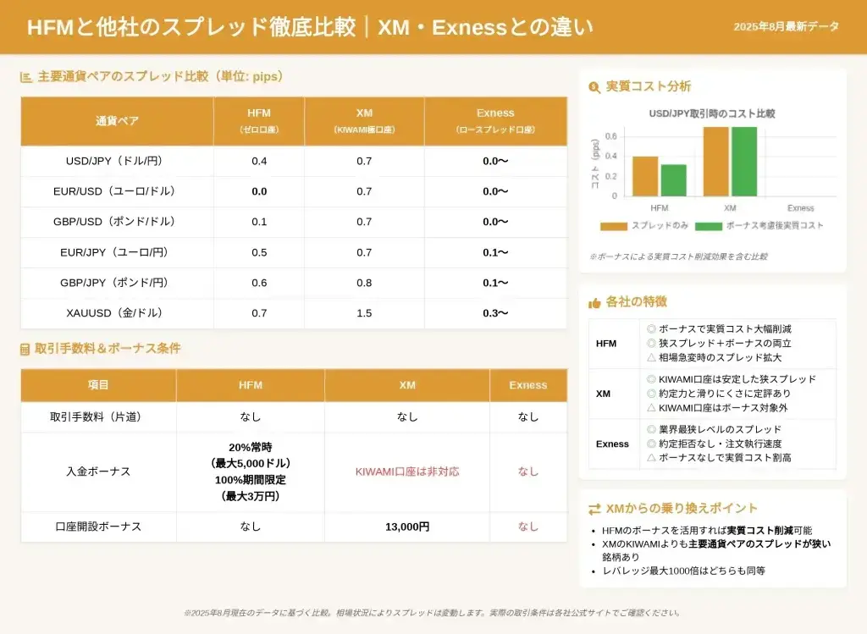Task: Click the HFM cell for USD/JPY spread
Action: tap(259, 161)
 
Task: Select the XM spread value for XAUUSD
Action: tap(364, 313)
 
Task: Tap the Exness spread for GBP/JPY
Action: tap(495, 283)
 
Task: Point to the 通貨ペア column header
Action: tap(117, 120)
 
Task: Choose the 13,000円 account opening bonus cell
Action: tap(407, 526)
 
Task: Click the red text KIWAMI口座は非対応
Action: tap(407, 471)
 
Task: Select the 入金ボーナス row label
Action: tap(98, 471)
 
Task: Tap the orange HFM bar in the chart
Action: tap(645, 176)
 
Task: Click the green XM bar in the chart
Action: tap(743, 162)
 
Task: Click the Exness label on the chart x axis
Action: tap(800, 208)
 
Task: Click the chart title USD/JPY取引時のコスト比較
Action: tap(712, 113)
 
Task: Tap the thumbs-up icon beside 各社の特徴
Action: tap(594, 302)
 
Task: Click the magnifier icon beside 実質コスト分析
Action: tap(594, 86)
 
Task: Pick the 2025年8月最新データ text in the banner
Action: tap(787, 27)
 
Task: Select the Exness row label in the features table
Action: tap(612, 444)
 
